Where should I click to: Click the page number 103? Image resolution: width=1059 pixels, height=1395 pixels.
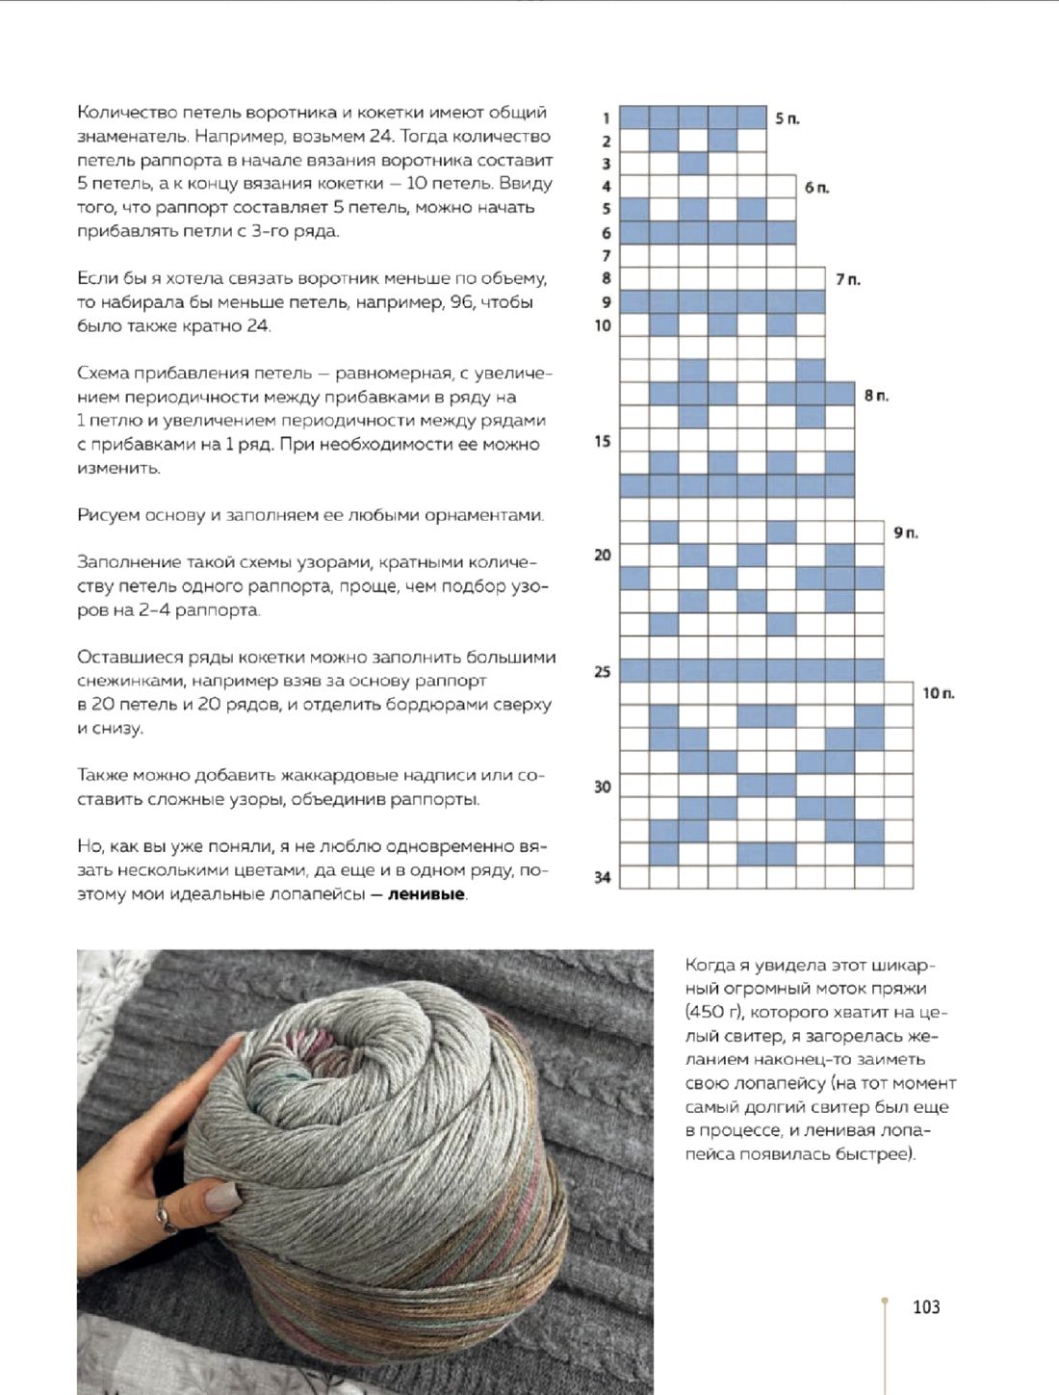925,1306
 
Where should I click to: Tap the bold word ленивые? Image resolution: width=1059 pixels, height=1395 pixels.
426,894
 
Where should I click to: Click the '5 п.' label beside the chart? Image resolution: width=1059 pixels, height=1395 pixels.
787,118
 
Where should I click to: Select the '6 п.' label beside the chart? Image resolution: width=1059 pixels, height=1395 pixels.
816,188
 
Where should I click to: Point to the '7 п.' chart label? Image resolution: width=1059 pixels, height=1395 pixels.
847,279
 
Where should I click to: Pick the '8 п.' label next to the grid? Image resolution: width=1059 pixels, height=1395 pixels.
876,396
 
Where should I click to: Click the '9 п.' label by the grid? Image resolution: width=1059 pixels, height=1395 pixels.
906,532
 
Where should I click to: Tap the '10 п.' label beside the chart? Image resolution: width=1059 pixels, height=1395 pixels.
938,693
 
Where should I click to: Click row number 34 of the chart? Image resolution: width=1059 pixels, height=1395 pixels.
602,877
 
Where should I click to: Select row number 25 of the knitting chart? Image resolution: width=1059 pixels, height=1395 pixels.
602,671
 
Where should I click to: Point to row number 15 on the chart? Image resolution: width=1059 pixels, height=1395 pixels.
602,442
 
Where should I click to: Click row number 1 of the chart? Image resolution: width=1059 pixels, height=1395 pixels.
606,118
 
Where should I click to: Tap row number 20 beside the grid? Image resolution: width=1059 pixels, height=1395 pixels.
602,555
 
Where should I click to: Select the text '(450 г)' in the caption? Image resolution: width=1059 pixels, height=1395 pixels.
712,1012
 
